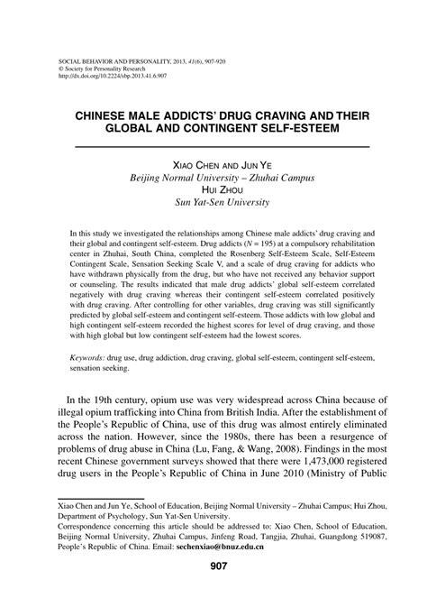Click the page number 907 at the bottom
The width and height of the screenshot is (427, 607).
pyautogui.click(x=213, y=566)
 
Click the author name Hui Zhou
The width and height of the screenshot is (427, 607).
pyautogui.click(x=213, y=190)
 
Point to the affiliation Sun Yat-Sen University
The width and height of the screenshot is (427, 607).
pyautogui.click(x=213, y=203)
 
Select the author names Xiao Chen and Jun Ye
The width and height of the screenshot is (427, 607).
pyautogui.click(x=213, y=165)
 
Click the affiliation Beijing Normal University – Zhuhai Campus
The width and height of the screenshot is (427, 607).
pyautogui.click(x=213, y=178)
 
